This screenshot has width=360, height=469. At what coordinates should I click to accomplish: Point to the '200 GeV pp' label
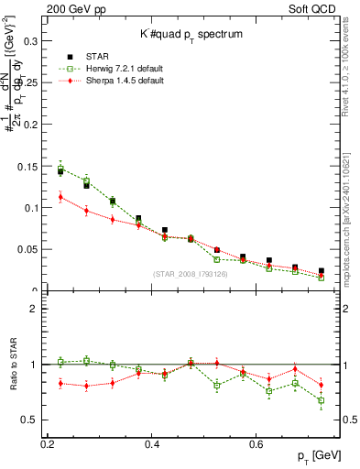coord(70,9)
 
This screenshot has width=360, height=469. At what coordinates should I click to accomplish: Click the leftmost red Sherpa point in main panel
coord(60,197)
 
